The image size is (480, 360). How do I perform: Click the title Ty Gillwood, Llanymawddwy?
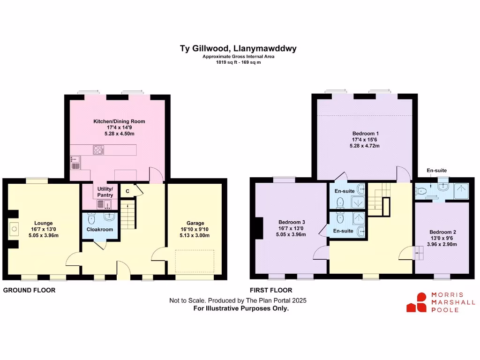coord(238,48)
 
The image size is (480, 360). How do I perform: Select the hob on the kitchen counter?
coord(99,150)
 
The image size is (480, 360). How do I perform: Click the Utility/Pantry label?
coord(105,192)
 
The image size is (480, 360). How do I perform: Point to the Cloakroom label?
coord(100,230)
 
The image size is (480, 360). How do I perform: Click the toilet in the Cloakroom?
coord(91,218)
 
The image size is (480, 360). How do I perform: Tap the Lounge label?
coord(43,223)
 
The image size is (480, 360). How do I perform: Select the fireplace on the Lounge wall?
coord(13,229)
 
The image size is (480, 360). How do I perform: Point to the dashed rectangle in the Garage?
coord(195,261)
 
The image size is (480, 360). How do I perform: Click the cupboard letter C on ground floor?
coord(127,191)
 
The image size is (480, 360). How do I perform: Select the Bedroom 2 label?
coord(442,232)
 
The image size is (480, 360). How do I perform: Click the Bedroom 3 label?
coord(292,222)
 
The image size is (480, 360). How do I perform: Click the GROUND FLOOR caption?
coord(30,290)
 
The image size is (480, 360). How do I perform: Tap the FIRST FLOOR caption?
coord(271,290)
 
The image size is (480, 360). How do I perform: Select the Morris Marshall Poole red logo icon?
coord(416,303)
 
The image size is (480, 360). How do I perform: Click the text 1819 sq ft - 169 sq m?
coord(238,62)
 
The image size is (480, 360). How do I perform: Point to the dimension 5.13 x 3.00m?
coord(196,236)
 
